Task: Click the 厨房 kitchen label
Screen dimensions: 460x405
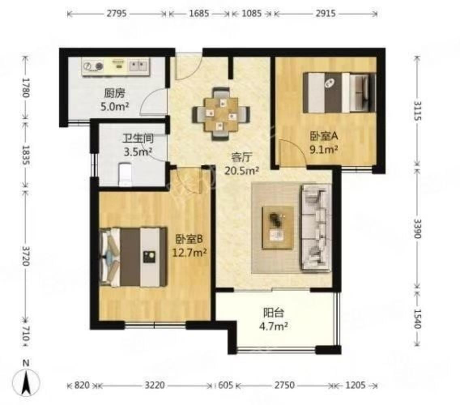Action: point(115,93)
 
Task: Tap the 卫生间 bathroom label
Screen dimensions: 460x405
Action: point(138,138)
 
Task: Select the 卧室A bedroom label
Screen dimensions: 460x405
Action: point(324,136)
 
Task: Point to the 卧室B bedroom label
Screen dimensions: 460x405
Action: point(189,239)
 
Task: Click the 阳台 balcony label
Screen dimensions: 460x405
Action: point(273,313)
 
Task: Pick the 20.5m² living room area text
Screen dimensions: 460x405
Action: point(241,171)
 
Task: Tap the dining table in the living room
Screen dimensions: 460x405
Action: point(221,114)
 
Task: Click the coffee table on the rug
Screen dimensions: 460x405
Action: point(278,228)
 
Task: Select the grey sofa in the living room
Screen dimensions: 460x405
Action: point(315,228)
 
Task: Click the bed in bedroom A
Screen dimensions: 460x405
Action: point(339,93)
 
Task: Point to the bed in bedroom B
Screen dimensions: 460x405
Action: point(134,257)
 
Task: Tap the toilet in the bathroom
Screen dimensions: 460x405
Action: point(125,174)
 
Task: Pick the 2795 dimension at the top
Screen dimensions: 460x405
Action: point(117,13)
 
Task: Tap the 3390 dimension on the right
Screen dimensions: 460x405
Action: point(417,228)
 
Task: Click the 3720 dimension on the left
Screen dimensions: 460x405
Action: point(26,256)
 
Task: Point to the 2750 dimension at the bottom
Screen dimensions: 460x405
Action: point(284,385)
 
